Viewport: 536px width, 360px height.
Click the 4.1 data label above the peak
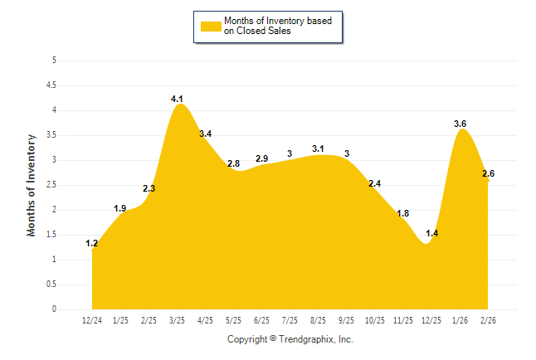tap(177, 100)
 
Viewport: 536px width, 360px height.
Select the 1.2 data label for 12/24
tap(92, 243)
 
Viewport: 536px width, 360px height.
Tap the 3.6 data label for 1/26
tap(460, 124)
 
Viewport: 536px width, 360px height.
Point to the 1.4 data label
tap(431, 233)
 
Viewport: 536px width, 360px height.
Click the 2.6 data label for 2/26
tap(488, 173)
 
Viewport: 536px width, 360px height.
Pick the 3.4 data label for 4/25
tap(205, 134)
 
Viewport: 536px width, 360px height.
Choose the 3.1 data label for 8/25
tap(318, 148)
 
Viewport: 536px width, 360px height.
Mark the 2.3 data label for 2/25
tap(149, 188)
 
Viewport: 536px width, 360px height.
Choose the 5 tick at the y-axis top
tap(54, 60)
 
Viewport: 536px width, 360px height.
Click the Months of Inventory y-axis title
tap(32, 185)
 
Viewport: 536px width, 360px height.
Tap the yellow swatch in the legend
tap(211, 27)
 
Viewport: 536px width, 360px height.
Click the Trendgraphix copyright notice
tap(290, 339)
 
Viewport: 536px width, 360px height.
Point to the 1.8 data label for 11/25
tap(403, 213)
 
